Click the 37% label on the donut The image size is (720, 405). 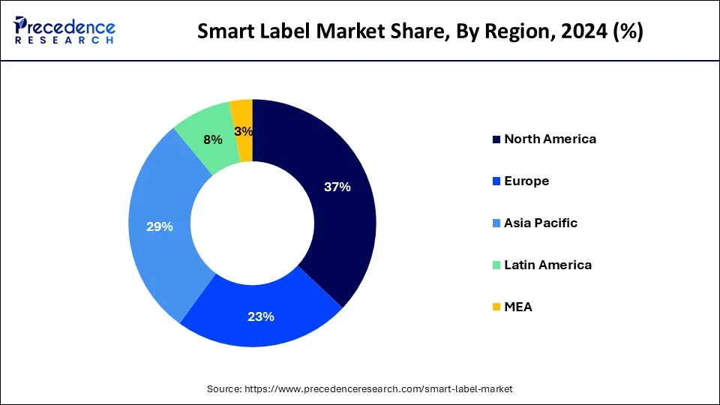click(x=337, y=187)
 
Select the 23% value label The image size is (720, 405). click(x=261, y=316)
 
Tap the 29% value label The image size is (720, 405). click(x=160, y=226)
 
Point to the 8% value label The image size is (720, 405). click(x=213, y=139)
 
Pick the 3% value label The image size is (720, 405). click(x=244, y=131)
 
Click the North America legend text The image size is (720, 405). click(x=550, y=139)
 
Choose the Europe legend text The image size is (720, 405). click(x=526, y=181)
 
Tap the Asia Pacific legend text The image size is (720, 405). click(x=541, y=223)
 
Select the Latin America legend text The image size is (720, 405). click(x=547, y=265)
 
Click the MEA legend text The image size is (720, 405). click(x=518, y=307)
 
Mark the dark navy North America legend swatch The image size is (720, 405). click(x=496, y=139)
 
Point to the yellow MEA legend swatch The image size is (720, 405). click(x=496, y=307)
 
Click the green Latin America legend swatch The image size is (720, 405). click(x=496, y=265)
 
